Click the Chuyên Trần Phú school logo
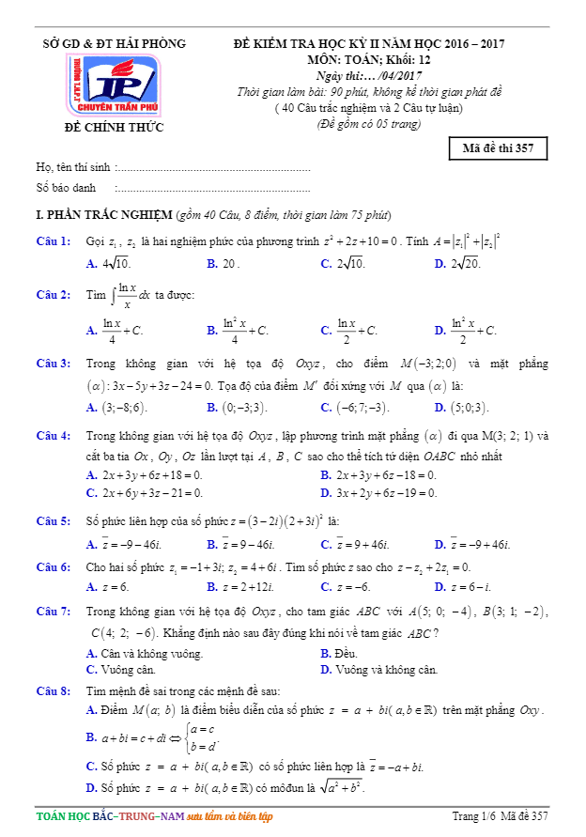click(114, 85)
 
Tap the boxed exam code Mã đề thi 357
click(499, 148)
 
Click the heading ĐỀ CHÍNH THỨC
click(114, 127)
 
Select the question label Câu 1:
click(54, 241)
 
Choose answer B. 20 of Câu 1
click(224, 264)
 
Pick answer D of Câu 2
click(466, 330)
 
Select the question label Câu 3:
click(54, 364)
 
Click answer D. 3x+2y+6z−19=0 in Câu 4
click(378, 492)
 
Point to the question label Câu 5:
click(54, 520)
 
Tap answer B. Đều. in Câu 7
click(339, 653)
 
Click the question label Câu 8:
click(54, 690)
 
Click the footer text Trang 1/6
click(473, 815)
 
